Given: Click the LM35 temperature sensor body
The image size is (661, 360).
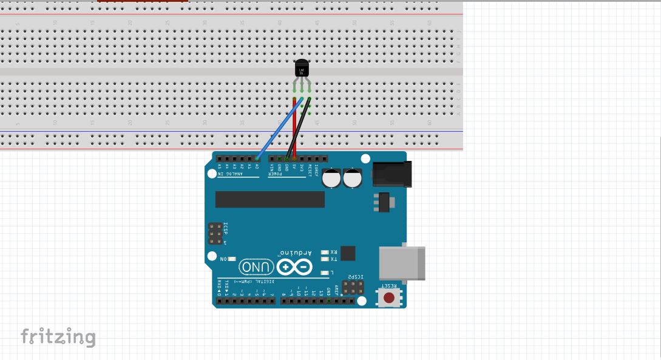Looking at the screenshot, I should tap(302, 69).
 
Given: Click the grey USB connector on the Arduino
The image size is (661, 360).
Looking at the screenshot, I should tap(401, 263).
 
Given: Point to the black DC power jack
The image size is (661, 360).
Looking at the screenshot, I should tap(392, 174).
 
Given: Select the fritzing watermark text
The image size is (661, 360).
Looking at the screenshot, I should tap(58, 336).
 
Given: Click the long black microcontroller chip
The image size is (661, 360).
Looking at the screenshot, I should tap(269, 199).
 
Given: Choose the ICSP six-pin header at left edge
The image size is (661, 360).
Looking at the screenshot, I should tap(215, 233).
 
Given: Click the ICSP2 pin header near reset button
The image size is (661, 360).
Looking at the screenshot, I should tap(352, 287).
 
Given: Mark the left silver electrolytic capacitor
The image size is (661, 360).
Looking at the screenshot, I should tap(331, 178).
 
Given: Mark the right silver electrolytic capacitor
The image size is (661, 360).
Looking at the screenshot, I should tap(353, 178).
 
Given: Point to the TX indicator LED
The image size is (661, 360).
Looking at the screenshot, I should tap(325, 259).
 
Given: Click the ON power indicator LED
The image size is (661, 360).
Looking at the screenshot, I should tap(231, 259).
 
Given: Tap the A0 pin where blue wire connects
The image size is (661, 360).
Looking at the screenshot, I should tap(257, 159).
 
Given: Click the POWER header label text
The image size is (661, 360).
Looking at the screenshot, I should tap(276, 174).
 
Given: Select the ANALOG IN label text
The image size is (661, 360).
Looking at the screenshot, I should tap(230, 174).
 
